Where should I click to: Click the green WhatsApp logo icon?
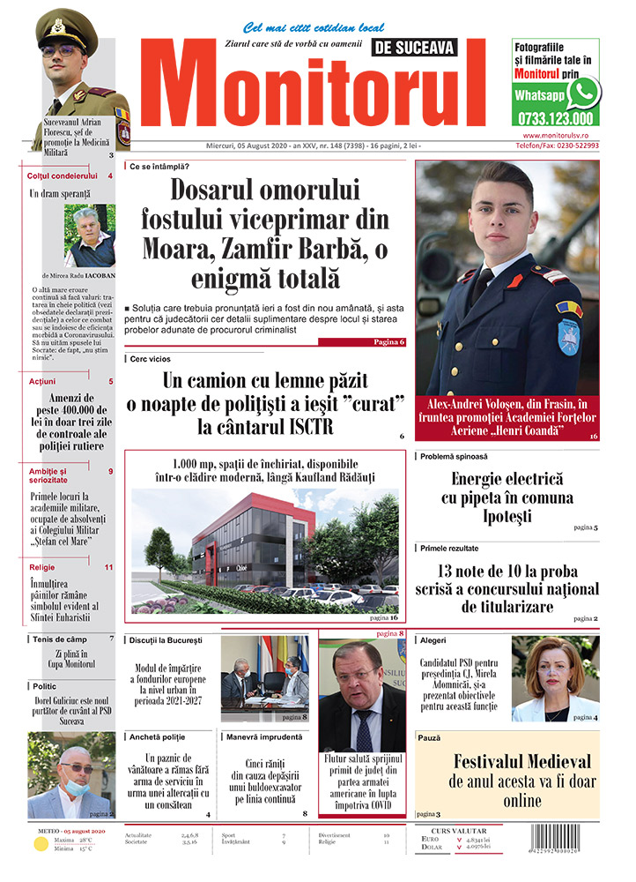582,93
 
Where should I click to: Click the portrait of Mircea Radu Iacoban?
89,236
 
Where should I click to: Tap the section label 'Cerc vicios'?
151,359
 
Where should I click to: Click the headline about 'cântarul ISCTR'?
264,404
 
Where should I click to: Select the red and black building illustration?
264,552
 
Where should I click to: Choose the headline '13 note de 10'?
507,587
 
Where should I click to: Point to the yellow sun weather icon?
41,845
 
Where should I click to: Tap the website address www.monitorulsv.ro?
561,135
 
